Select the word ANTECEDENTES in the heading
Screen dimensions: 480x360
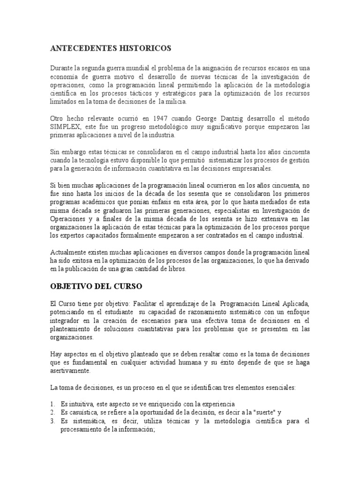82,48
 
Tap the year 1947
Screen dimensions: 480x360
159,119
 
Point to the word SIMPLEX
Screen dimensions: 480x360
67,127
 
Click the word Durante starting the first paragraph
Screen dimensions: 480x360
62,67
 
